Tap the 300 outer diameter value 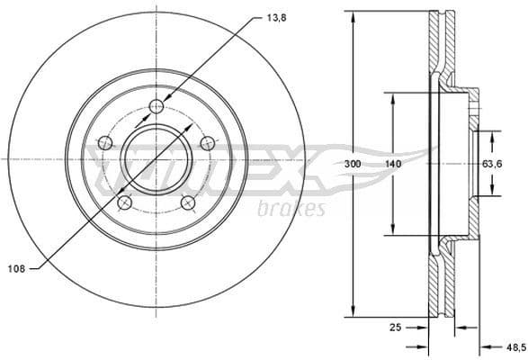pyautogui.click(x=353, y=164)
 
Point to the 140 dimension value pyautogui.click(x=392, y=164)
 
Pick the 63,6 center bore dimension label pyautogui.click(x=492, y=164)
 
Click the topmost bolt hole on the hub pyautogui.click(x=157, y=107)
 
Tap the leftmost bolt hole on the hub pyautogui.click(x=104, y=143)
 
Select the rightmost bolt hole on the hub pyautogui.click(x=208, y=142)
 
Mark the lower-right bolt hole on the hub pyautogui.click(x=188, y=202)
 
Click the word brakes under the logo pyautogui.click(x=291, y=210)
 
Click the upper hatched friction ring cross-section pyautogui.click(x=437, y=45)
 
